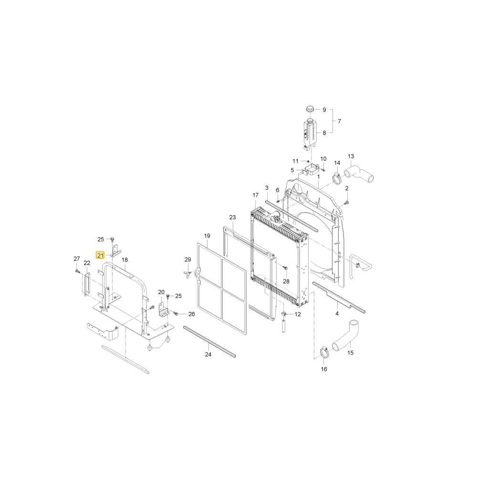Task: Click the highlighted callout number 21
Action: coord(100,255)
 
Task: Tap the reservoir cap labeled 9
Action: coord(310,109)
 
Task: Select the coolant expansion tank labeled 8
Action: coord(310,135)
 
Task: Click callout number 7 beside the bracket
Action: coord(339,121)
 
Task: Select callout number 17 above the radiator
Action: coord(255,195)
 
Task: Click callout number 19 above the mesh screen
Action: coord(207,236)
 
